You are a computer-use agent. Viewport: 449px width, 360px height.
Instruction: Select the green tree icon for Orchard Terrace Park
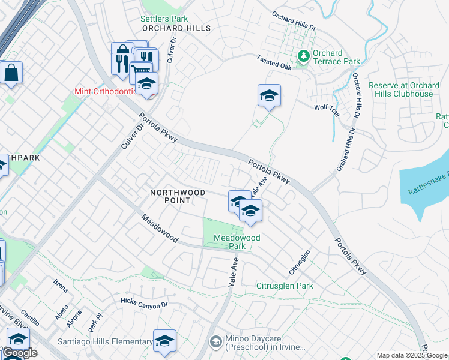(x=304, y=56)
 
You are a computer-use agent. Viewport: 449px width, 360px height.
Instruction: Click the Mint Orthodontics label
(x=107, y=92)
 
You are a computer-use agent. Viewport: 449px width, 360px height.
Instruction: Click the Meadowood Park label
(x=237, y=242)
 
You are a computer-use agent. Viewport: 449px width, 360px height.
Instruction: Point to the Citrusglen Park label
(x=285, y=286)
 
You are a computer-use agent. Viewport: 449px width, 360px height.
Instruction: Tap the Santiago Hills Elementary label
(x=105, y=342)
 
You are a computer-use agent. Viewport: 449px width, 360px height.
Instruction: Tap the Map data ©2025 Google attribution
(x=412, y=355)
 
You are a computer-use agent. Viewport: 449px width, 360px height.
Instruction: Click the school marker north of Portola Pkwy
(x=270, y=95)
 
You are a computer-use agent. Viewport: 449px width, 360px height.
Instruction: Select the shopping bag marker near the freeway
(x=11, y=73)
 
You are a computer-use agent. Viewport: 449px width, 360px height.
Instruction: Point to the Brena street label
(x=61, y=282)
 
